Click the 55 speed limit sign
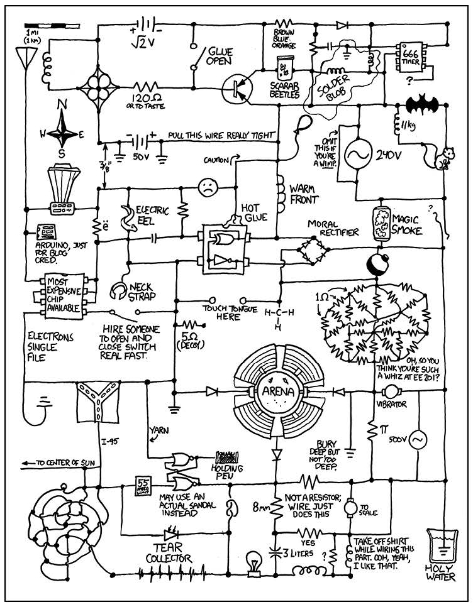point(143,486)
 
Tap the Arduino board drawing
point(46,231)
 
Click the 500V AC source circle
point(417,442)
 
